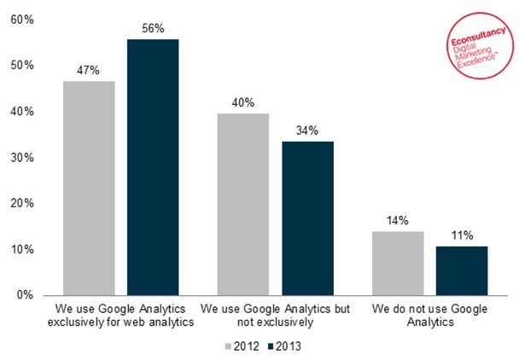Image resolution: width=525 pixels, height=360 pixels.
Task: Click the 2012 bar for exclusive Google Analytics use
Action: coord(89,188)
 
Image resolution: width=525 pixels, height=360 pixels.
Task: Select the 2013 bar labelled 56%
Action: coord(153,167)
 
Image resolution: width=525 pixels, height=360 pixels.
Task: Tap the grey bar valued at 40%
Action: coord(242,204)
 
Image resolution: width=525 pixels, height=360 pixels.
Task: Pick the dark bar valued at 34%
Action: coord(307,218)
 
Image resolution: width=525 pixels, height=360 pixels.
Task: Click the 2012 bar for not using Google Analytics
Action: coord(397,263)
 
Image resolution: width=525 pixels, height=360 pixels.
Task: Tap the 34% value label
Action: coord(307,131)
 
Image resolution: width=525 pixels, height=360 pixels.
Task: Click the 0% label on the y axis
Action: coord(25,295)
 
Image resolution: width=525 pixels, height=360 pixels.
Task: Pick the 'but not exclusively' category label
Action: coord(275,315)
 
